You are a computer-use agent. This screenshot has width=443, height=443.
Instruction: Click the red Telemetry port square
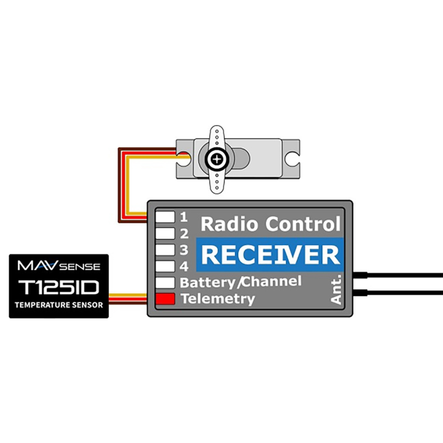165,299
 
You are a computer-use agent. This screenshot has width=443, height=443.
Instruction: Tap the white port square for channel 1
165,217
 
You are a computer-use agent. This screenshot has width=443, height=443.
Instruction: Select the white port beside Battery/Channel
165,282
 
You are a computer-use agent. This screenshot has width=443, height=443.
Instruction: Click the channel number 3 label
184,250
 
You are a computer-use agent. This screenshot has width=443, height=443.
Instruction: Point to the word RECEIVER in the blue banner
270,255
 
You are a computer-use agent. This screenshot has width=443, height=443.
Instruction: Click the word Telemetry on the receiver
218,299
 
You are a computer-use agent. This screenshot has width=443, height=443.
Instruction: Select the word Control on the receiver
303,224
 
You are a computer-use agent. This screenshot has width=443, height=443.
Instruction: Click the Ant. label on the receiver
336,290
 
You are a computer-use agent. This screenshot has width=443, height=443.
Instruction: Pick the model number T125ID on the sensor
59,287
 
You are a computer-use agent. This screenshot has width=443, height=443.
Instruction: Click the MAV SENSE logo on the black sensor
59,266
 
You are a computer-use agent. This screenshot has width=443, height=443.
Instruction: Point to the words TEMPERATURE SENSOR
59,305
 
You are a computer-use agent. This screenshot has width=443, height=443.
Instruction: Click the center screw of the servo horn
217,159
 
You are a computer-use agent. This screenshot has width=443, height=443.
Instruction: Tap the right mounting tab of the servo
291,159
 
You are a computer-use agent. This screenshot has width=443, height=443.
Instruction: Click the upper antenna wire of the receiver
398,275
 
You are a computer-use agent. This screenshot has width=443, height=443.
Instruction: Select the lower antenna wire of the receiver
398,293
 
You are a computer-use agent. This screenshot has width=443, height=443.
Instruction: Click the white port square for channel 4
165,266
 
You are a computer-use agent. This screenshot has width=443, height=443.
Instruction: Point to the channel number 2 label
184,234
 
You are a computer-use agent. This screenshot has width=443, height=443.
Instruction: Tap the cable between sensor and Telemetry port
128,299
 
